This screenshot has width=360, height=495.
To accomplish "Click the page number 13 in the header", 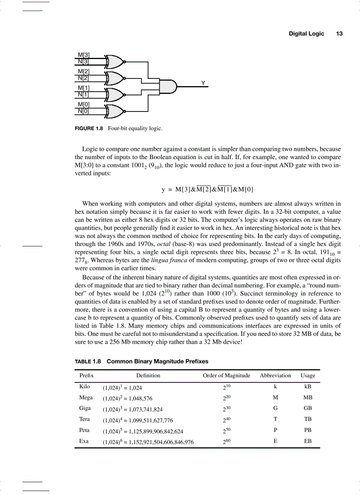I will tap(339, 33).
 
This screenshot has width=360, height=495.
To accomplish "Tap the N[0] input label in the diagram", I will tap(83, 111).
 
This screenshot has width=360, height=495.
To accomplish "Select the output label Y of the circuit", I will tap(203, 82).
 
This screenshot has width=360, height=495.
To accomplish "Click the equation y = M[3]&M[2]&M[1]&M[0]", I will tap(207, 190).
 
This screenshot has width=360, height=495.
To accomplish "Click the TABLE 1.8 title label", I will tap(88, 361).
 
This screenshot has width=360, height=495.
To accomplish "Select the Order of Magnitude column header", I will tap(226, 376).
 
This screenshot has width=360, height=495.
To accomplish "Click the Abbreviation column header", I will tap(275, 376).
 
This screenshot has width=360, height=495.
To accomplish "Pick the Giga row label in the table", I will tap(85, 408).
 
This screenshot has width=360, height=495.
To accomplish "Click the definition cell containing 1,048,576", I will tap(127, 398).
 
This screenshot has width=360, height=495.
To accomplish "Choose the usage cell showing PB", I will tap(307, 430).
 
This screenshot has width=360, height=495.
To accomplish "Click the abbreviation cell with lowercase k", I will tap(275, 387).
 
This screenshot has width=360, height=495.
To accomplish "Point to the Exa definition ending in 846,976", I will tap(148, 441).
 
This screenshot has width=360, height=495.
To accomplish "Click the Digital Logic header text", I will tap(306, 33).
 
